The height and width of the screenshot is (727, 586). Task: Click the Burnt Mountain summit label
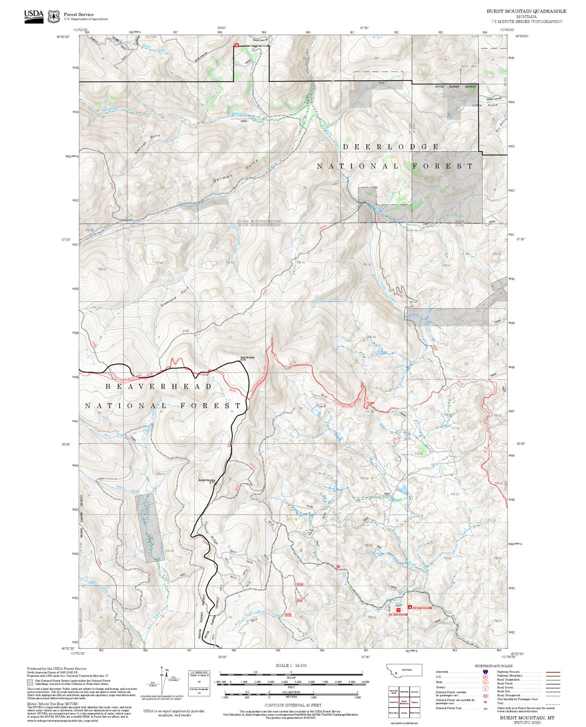pos(247,358)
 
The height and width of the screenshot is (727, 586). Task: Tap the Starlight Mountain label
pos(207,481)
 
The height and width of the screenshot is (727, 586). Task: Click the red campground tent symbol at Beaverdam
pos(410,607)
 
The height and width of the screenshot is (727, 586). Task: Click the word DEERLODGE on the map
pos(391,147)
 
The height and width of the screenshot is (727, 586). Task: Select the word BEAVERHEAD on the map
pos(159,387)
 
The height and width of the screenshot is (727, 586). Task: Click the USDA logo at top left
pos(34,16)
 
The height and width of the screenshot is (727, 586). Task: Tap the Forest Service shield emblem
pos(54,17)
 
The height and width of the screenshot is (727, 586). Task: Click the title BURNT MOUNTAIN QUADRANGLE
pos(526,11)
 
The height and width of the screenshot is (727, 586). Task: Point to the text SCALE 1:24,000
pos(291,666)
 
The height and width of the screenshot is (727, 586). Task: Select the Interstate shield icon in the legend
pos(485,672)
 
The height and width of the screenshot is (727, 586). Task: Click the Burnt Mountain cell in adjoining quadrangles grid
pos(404,702)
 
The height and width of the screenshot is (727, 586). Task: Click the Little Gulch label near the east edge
pos(485,105)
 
